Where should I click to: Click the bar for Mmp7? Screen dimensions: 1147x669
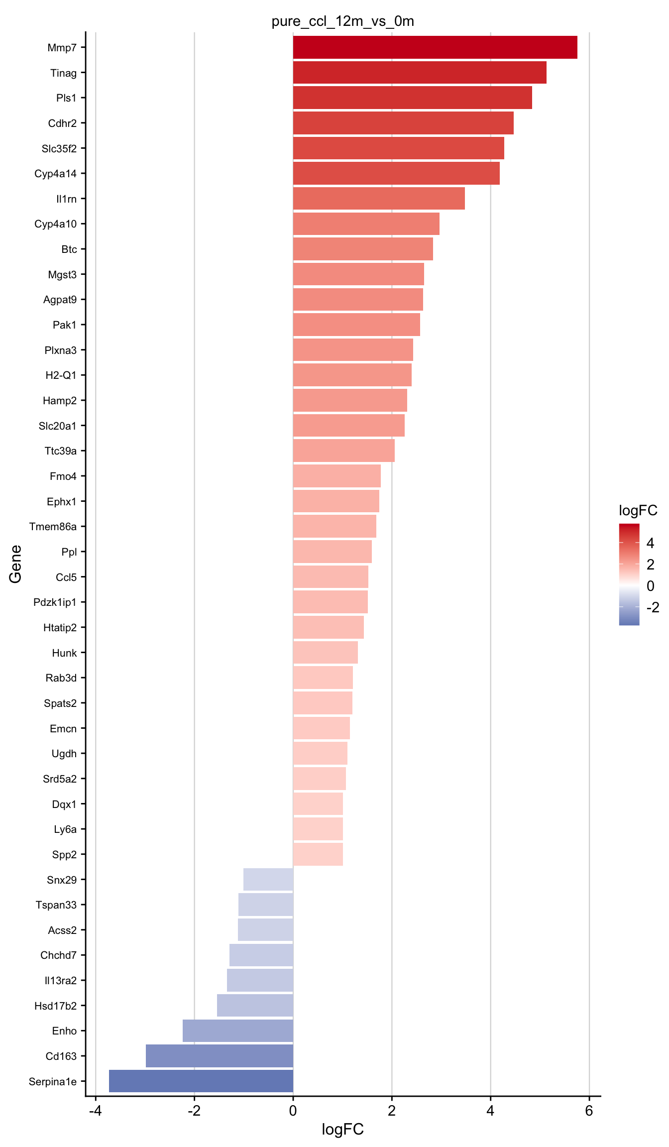coord(435,47)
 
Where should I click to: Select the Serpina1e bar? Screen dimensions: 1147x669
coord(201,1081)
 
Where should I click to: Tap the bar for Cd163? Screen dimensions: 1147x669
coord(220,1056)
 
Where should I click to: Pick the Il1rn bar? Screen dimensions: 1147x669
coord(379,199)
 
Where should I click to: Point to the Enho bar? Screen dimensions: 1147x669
coord(238,1031)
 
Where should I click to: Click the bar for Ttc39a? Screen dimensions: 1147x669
coord(344,451)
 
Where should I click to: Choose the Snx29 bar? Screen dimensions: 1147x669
coord(268,879)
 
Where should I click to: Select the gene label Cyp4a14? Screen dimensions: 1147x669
coord(56,174)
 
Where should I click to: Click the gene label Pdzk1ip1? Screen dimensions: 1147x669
coord(55,602)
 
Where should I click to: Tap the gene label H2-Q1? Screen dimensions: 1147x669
coord(61,375)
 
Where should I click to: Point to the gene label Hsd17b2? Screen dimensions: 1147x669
coord(56,1006)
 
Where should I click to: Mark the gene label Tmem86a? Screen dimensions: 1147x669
coord(53,527)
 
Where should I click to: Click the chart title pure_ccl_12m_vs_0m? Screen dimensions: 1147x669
coord(342,21)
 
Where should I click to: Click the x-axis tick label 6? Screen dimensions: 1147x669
coord(589,1111)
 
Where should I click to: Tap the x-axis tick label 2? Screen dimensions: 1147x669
coord(392,1111)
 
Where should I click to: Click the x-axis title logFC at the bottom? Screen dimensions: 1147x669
coord(342,1129)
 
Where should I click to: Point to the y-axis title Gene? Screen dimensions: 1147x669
coord(15,564)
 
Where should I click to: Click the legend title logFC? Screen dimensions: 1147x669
coord(638,510)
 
